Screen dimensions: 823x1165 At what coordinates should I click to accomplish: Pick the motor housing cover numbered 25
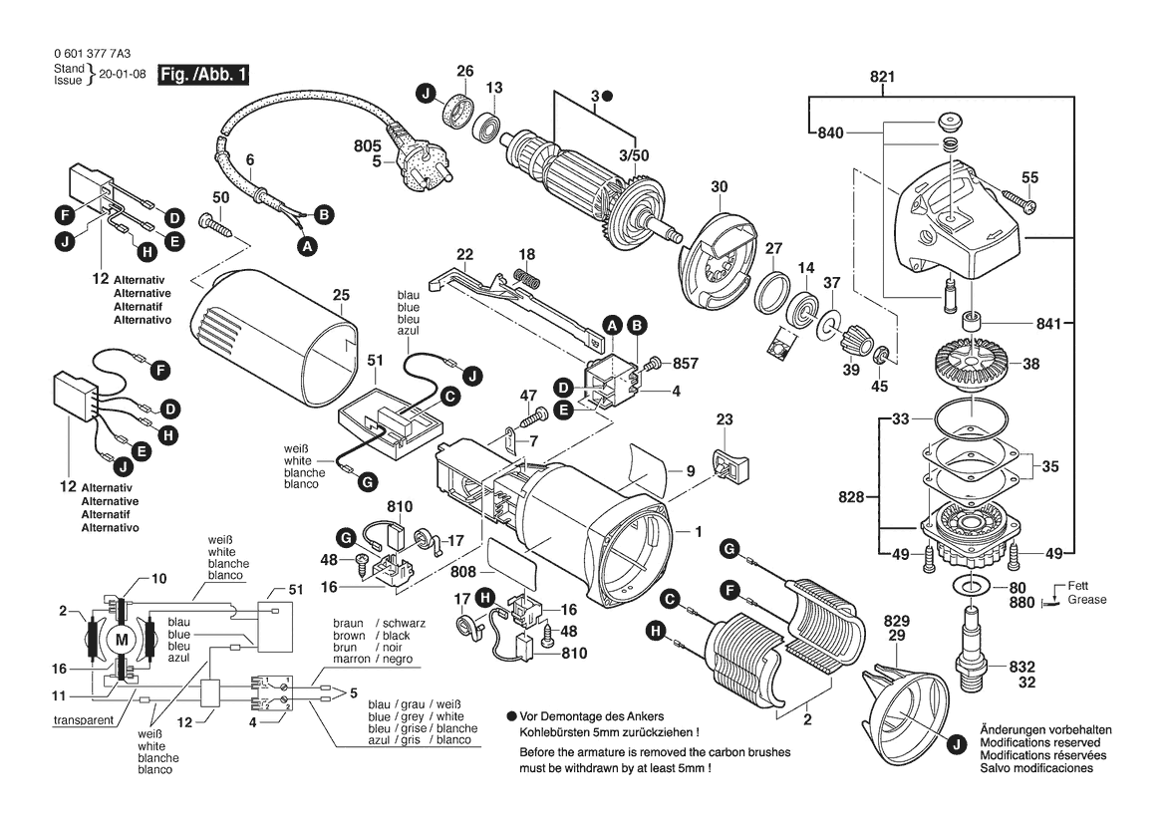click(274, 339)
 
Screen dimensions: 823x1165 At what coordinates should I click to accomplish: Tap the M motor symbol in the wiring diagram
click(123, 639)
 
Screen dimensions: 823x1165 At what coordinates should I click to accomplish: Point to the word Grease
click(1085, 601)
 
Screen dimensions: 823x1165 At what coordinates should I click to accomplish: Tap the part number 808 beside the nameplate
click(463, 573)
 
